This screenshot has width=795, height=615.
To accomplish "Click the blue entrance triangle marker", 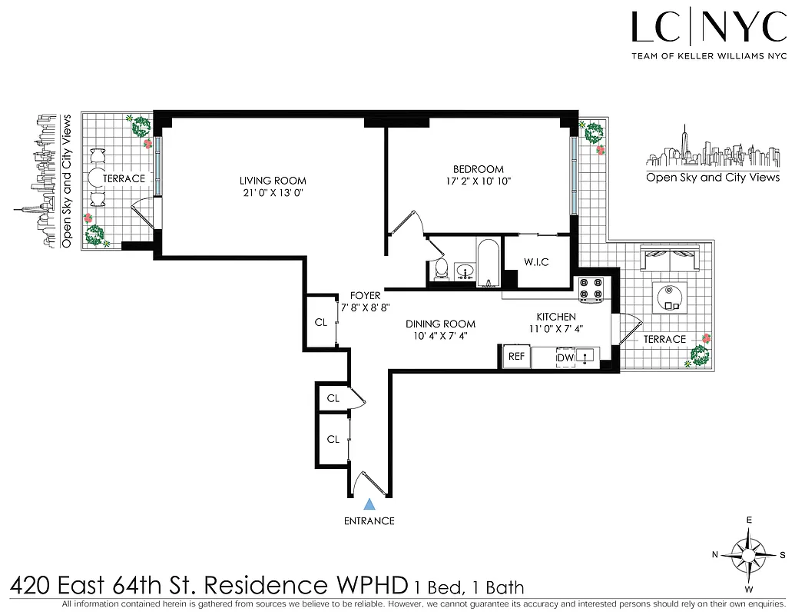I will pyautogui.click(x=369, y=504).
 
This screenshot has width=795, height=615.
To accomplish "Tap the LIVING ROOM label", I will pyautogui.click(x=273, y=181).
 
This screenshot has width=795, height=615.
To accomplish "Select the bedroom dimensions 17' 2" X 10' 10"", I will pyautogui.click(x=478, y=181).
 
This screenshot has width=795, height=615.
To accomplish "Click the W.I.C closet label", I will pyautogui.click(x=536, y=262).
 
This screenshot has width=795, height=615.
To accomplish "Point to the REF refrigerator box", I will pyautogui.click(x=517, y=357).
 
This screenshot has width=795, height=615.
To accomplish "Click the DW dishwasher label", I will pyautogui.click(x=565, y=357).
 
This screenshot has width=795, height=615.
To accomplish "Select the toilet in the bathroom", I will pyautogui.click(x=441, y=268).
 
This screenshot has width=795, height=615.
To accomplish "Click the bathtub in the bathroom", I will pyautogui.click(x=488, y=262).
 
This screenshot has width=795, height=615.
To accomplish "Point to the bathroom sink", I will pyautogui.click(x=465, y=271).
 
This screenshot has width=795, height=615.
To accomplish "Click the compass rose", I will pyautogui.click(x=748, y=554).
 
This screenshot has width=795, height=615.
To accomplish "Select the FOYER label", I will pyautogui.click(x=365, y=295).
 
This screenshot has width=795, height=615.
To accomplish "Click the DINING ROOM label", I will pyautogui.click(x=440, y=324).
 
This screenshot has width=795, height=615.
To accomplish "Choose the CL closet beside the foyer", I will pyautogui.click(x=321, y=323).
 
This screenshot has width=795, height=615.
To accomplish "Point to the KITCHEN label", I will pyautogui.click(x=555, y=317).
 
